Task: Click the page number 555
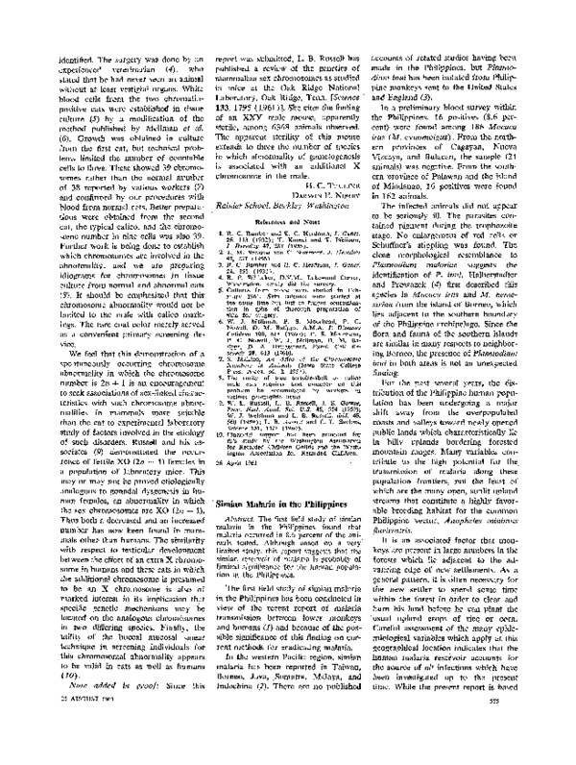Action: [x=556, y=751]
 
